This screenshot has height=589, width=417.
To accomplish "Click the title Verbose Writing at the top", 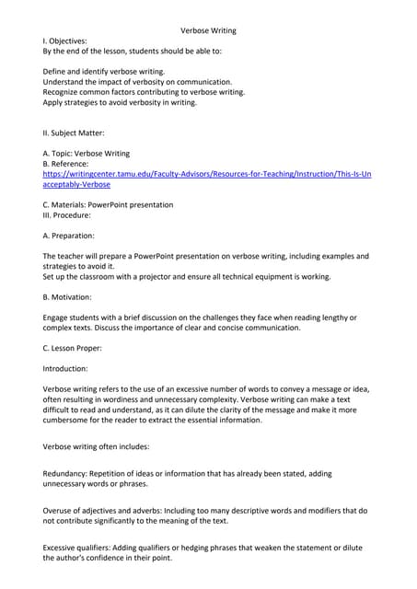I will (x=208, y=30).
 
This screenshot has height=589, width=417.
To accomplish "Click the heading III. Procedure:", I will (x=67, y=214).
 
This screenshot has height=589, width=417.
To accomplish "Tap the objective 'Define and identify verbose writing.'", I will (x=104, y=71).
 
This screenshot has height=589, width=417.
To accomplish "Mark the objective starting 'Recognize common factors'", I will (x=144, y=92).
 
